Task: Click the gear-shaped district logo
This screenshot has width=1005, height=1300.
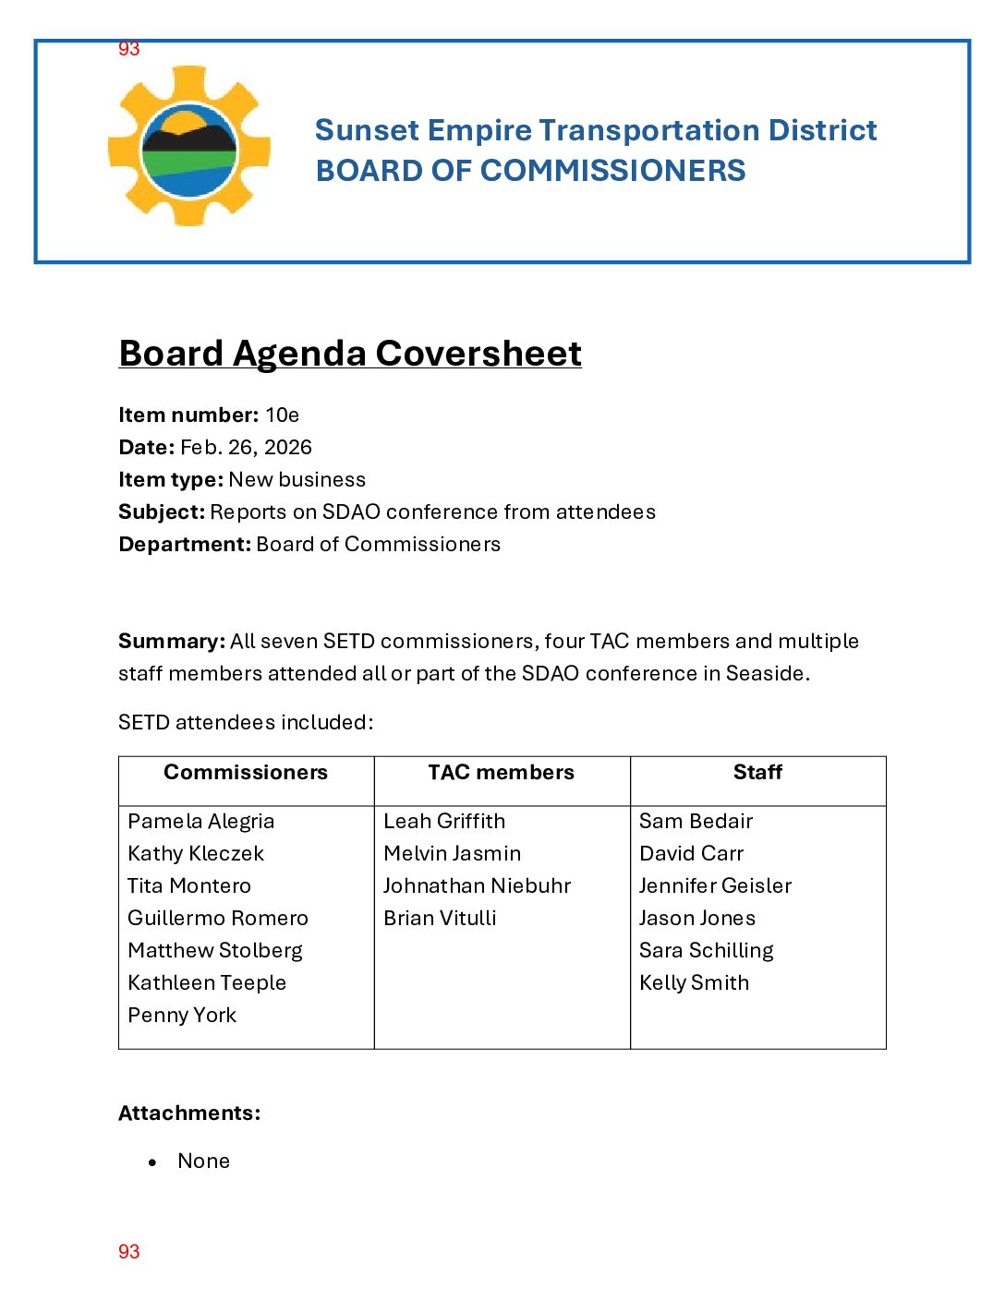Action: click(x=189, y=146)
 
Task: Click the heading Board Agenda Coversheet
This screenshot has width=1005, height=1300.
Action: click(x=350, y=354)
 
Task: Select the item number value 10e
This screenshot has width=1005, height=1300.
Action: click(x=282, y=415)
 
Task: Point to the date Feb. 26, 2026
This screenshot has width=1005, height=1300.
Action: click(x=246, y=448)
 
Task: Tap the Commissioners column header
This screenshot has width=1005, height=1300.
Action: click(x=246, y=773)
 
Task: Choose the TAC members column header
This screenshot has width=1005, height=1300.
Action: click(x=501, y=773)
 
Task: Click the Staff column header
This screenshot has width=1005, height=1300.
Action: click(x=757, y=773)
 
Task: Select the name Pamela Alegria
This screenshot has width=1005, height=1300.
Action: click(x=201, y=822)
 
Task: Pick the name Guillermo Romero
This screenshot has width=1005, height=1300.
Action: click(x=218, y=919)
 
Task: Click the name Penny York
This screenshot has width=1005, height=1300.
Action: click(x=182, y=1016)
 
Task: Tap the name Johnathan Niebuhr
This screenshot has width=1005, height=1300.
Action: click(x=477, y=886)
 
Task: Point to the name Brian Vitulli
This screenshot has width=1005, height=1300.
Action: click(x=440, y=919)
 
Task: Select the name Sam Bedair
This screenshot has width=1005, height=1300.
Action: click(x=696, y=822)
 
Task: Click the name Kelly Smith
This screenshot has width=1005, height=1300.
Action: click(x=694, y=983)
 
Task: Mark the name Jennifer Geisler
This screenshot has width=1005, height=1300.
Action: click(x=715, y=886)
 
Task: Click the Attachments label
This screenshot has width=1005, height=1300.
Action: click(x=189, y=1113)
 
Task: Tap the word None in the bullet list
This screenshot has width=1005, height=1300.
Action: click(x=203, y=1162)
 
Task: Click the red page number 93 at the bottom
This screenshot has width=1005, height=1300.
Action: click(x=129, y=1252)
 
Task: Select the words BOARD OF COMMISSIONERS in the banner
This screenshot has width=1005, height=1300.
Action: click(x=530, y=171)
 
